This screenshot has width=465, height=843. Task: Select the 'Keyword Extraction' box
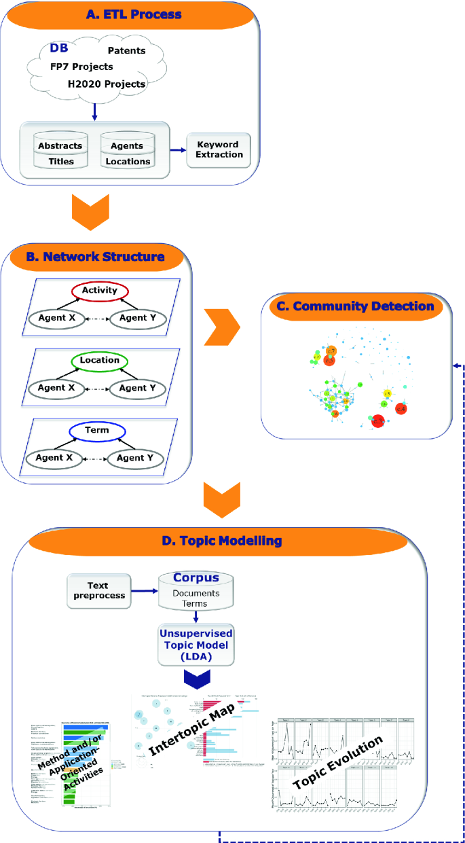coord(219,150)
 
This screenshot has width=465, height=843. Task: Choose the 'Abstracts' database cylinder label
coord(60,145)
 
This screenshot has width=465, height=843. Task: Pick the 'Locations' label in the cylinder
coord(128,162)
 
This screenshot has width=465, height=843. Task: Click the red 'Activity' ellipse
coord(100,291)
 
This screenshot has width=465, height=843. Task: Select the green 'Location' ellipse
coord(100,361)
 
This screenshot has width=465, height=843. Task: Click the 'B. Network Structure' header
coord(104,257)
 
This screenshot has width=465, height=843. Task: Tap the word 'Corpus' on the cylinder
coord(196,578)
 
